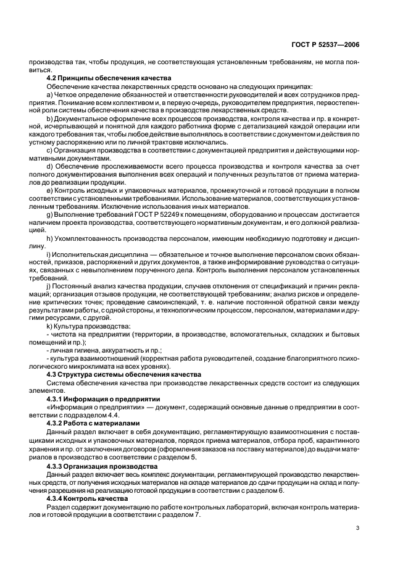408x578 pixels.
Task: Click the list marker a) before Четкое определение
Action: pos(49,94)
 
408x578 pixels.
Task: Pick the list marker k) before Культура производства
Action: pos(49,325)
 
